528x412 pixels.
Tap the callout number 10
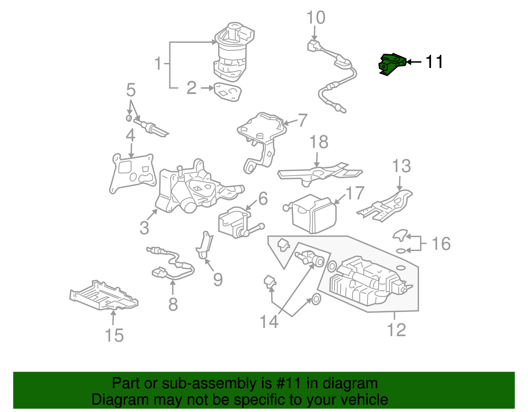[x=315, y=18]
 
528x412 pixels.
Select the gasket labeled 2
[x=227, y=92]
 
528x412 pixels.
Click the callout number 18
[x=319, y=142]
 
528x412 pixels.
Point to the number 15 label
[x=114, y=335]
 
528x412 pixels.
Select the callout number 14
[x=269, y=322]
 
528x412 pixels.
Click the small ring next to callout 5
[x=129, y=118]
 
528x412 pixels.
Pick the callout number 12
[x=396, y=330]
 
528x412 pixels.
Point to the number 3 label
[x=144, y=228]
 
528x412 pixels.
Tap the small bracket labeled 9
[x=205, y=246]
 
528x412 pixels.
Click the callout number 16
[x=441, y=244]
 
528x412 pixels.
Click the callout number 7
[x=302, y=120]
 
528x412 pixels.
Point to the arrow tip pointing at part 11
[x=407, y=62]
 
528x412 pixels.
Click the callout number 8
[x=173, y=304]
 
